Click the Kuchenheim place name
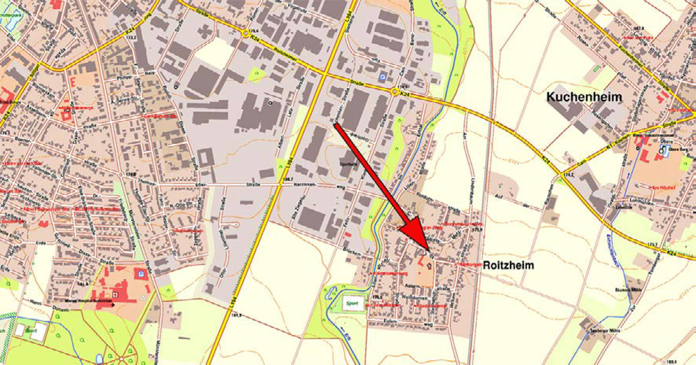tap(584, 97)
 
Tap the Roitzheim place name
tap(508, 265)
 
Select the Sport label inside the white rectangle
tap(353, 303)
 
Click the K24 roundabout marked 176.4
tap(246, 33)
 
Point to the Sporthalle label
tap(349, 164)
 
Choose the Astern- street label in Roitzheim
tap(415, 287)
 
